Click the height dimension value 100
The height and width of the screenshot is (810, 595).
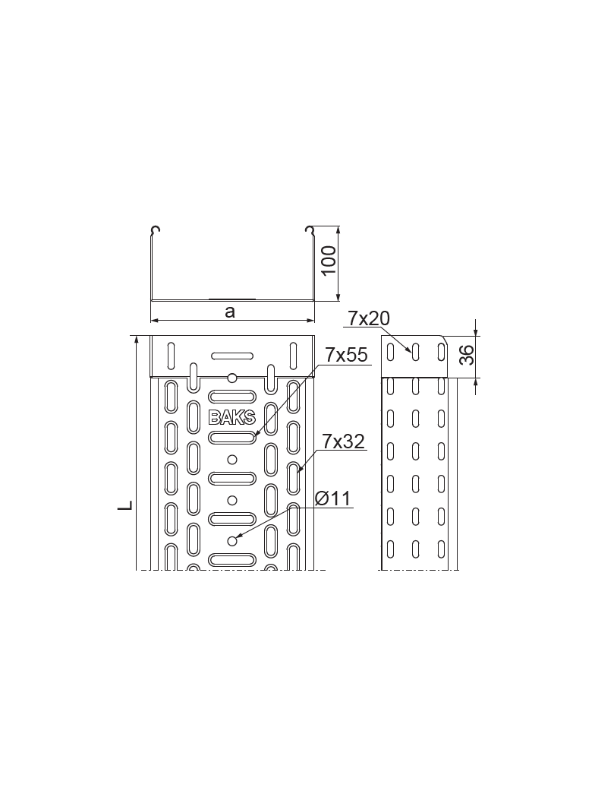tap(328, 261)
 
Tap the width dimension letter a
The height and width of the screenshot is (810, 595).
tap(230, 311)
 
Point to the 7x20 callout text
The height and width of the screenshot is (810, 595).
tap(369, 318)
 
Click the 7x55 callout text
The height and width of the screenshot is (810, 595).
tap(346, 355)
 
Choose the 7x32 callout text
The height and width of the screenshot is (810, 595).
tap(344, 441)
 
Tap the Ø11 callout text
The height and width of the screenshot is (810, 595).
tap(333, 498)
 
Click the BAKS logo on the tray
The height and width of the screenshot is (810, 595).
tap(231, 417)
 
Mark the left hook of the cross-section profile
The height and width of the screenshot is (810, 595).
tap(156, 230)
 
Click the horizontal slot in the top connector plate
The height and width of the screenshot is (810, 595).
tap(231, 355)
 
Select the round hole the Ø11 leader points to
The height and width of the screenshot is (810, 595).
tap(232, 541)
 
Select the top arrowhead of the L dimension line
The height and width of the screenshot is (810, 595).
tap(137, 340)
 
